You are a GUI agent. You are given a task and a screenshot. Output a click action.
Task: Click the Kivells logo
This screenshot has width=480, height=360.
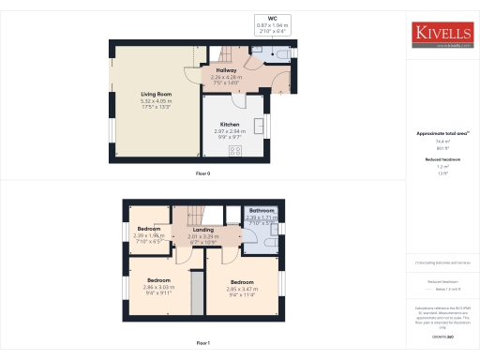[x=441, y=35]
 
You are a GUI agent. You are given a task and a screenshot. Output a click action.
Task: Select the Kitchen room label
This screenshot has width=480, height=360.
[x=230, y=124]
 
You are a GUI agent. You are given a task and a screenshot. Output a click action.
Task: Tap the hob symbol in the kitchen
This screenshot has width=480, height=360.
[x=234, y=150]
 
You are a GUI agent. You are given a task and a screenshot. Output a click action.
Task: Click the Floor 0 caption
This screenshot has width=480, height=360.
[x=202, y=172]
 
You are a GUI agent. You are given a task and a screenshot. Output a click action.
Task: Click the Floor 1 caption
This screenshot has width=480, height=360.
[x=202, y=344]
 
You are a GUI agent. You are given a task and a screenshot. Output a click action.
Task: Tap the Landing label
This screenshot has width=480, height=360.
[x=203, y=230]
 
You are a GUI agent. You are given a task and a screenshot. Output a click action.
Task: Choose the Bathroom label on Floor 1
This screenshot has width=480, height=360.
[x=262, y=211]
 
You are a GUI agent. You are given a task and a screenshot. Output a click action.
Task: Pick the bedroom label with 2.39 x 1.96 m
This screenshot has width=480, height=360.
[x=150, y=229]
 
